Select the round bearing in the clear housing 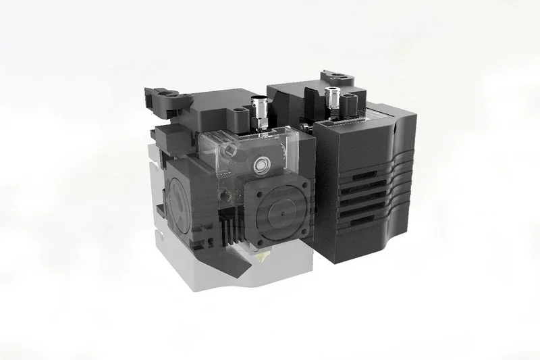coord(261,163)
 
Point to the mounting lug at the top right coord(338,78)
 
